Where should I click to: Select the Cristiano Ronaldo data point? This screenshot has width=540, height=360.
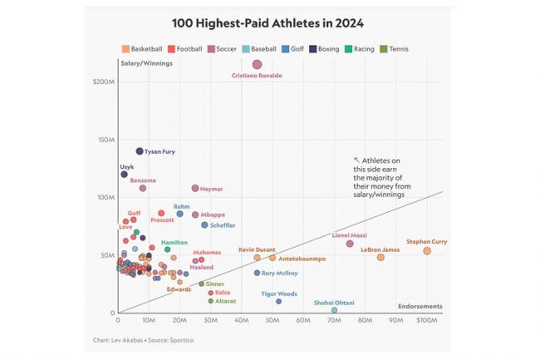[258, 64]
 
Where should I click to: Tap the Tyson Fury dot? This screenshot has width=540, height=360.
[140, 151]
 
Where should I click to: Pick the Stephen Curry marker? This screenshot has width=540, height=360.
[427, 251]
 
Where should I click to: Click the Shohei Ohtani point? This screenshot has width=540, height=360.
[334, 310]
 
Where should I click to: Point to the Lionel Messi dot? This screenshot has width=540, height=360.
[350, 244]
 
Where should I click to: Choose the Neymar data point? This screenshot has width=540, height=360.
[195, 189]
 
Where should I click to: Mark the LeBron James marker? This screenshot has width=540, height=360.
[380, 258]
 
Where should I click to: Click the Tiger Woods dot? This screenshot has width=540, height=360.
[278, 301]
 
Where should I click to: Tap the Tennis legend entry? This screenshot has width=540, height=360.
[394, 49]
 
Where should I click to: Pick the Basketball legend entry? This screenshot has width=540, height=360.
[142, 49]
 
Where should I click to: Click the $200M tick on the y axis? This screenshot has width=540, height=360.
[105, 81]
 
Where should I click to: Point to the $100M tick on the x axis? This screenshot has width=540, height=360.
[426, 320]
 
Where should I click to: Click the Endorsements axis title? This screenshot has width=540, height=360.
[420, 306]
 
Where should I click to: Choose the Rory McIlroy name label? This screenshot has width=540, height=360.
[280, 273]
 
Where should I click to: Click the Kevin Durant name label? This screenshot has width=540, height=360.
[257, 249]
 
